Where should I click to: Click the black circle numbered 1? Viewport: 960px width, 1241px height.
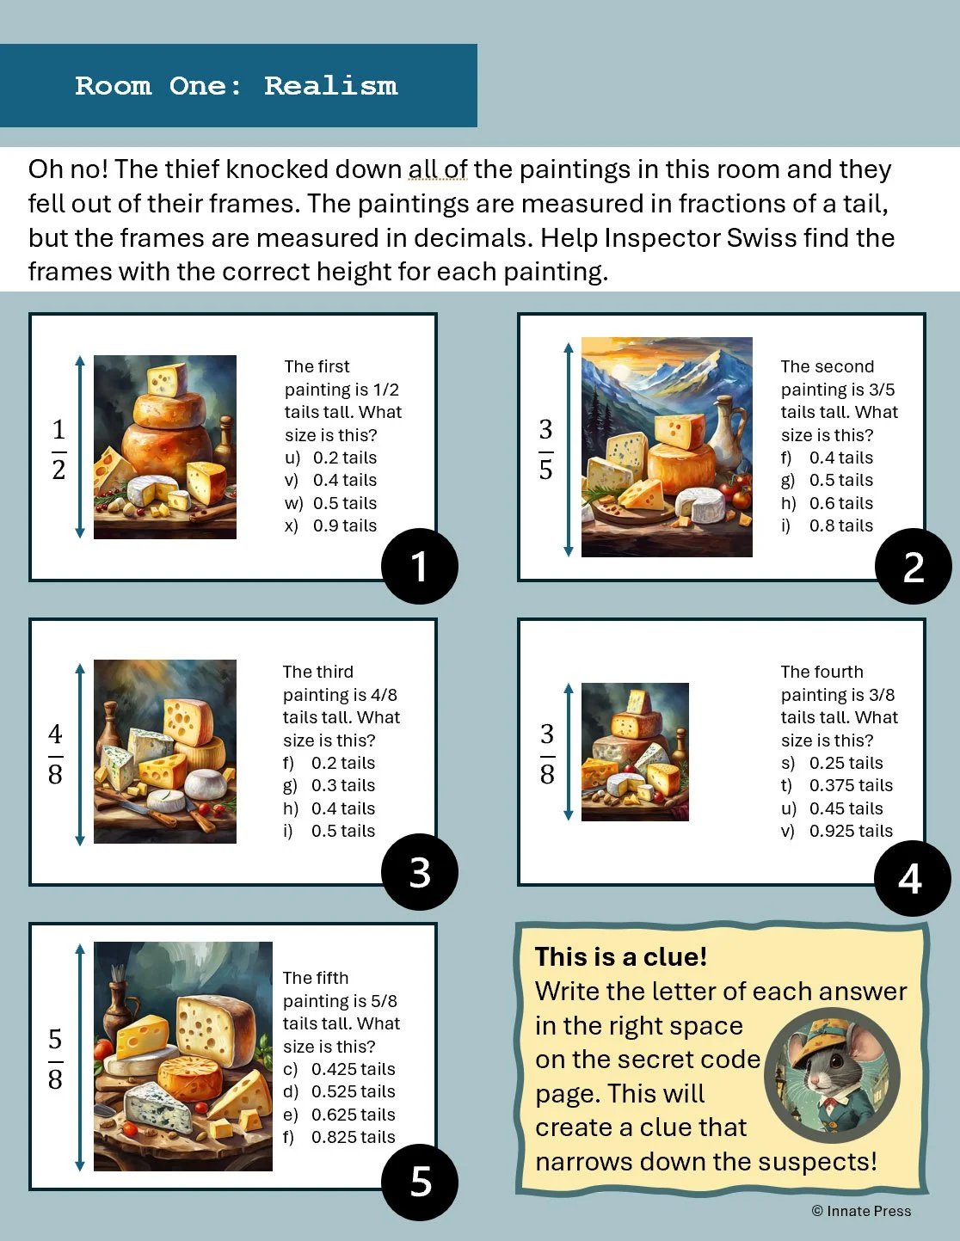420,566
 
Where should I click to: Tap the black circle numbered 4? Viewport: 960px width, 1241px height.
913,878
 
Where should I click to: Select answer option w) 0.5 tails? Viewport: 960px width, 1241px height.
330,503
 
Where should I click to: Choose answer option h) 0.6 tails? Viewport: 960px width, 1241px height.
827,503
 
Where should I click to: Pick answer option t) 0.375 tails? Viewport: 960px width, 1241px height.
837,785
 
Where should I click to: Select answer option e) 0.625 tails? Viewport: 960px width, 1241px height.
339,1115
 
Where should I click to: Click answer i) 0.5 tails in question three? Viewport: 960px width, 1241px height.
329,831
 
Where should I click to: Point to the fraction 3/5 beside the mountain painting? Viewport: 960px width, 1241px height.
546,449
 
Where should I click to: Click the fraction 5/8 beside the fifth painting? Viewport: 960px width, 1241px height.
55,1060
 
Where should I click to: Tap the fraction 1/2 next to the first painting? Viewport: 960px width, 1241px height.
58,449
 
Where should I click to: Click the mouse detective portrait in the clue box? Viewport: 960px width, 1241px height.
832,1075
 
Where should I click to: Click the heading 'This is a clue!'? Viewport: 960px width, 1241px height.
621,957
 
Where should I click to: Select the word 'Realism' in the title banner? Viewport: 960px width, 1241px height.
330,86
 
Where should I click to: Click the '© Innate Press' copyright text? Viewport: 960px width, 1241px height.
861,1211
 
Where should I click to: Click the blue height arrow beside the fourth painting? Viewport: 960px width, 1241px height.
569,753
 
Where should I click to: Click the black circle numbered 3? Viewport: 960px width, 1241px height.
420,871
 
